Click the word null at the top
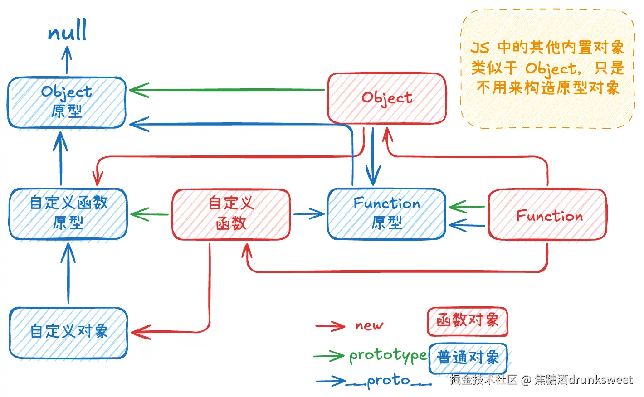click(67, 31)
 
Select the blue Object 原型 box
click(67, 102)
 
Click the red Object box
click(387, 98)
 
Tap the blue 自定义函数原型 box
click(68, 213)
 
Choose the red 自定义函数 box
click(231, 214)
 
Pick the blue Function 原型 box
click(386, 213)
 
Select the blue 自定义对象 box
click(68, 333)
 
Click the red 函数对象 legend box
click(467, 321)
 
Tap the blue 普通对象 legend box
click(468, 358)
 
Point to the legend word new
click(369, 325)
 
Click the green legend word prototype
click(388, 356)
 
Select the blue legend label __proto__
click(389, 381)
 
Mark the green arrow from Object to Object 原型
click(227, 90)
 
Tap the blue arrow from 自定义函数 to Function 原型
click(308, 214)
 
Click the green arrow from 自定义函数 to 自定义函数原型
click(149, 214)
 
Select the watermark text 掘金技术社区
click(483, 380)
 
